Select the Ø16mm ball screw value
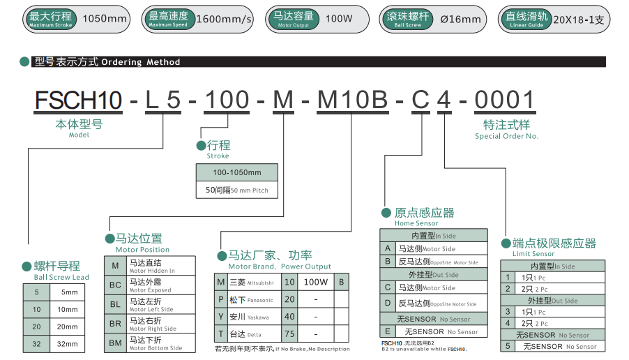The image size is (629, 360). pos(461,19)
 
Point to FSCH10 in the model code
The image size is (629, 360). pos(79,100)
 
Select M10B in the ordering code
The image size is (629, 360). pos(352,100)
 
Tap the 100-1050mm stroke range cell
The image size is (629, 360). pos(237,172)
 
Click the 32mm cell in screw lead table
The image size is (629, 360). pos(68,344)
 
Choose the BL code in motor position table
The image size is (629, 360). pos(115,304)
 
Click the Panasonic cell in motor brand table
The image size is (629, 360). pos(251,299)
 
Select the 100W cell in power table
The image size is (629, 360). pos(316,282)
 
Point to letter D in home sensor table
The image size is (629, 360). pos(388,303)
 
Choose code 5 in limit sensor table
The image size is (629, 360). pos(508,345)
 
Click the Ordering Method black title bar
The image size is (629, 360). pos(314,62)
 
